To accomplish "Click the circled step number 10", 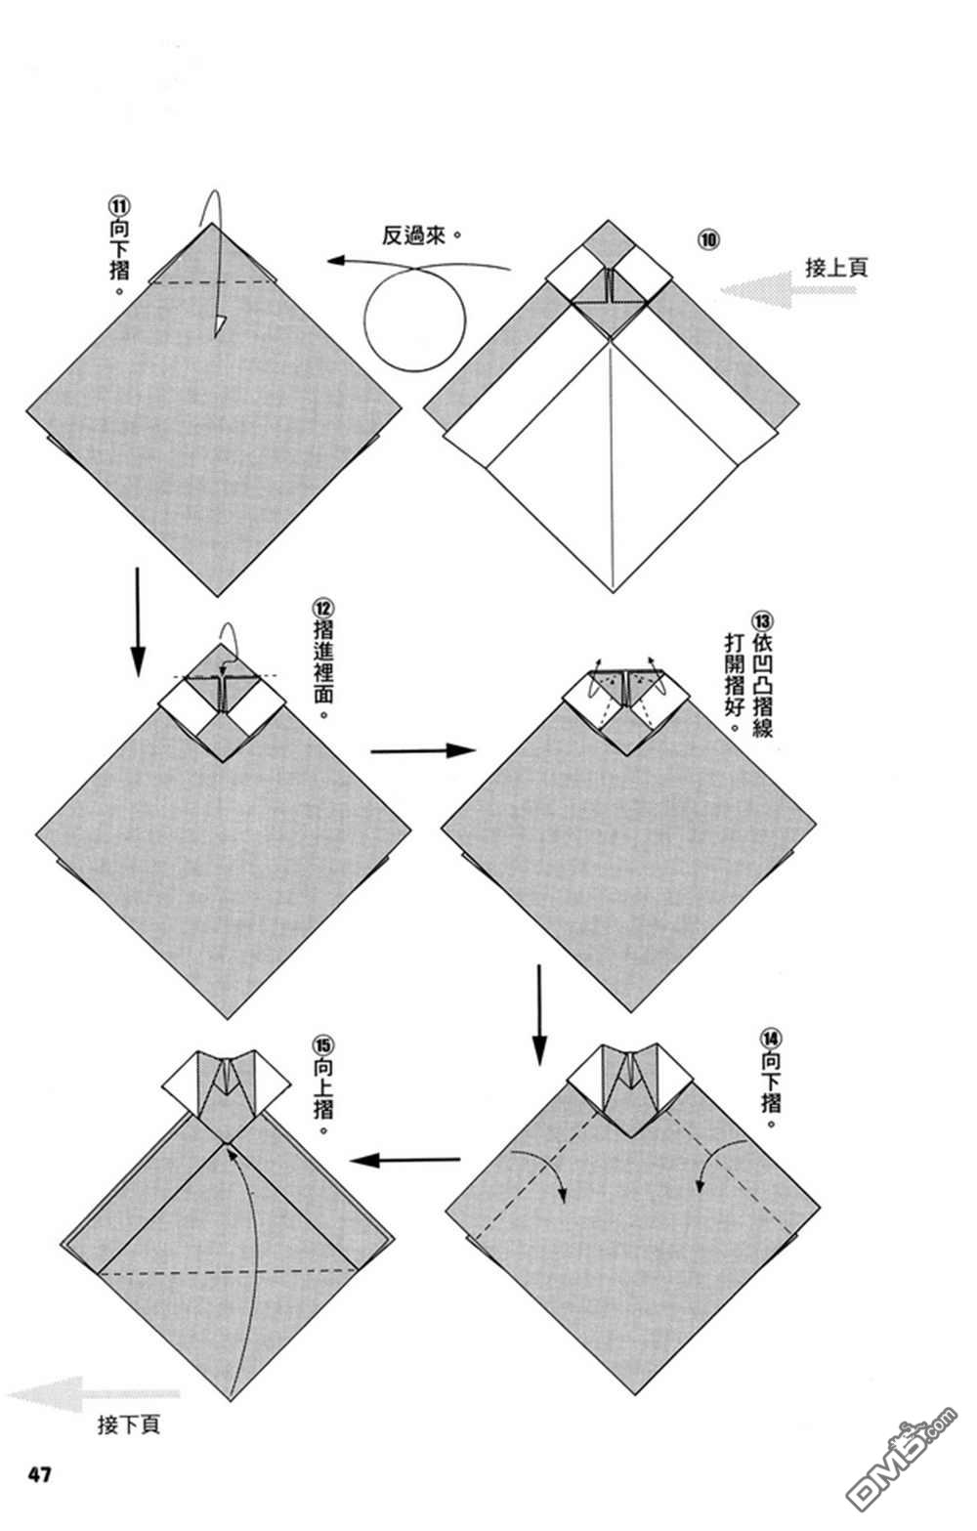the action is pos(708,240).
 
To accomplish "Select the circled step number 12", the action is pos(322,607).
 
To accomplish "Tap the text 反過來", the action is pos(413,235).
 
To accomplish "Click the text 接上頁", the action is pos(836,268).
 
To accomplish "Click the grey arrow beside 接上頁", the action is pos(786,290).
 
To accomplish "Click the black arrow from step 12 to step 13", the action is pos(422,750).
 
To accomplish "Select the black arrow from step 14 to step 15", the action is pos(404,1160).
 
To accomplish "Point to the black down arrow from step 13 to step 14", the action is pos(539,1015).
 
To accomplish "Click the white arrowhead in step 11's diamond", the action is pos(219,326).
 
